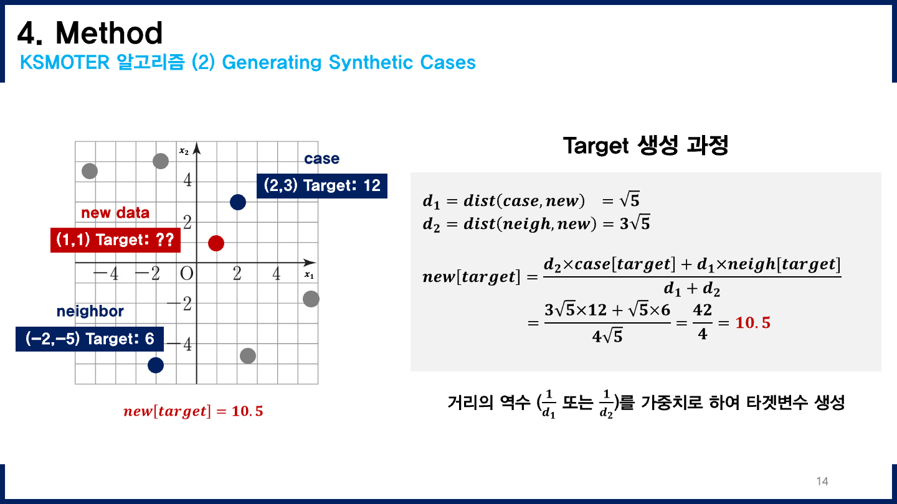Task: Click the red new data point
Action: (x=216, y=243)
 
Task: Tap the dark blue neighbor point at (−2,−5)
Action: (x=156, y=365)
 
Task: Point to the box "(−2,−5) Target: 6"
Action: (x=90, y=339)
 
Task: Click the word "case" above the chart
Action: (x=321, y=159)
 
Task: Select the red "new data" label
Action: (x=115, y=213)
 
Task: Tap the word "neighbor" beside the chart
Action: (x=90, y=311)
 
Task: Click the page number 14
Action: (x=822, y=481)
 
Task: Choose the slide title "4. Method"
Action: (x=90, y=32)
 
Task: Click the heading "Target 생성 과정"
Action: (x=645, y=146)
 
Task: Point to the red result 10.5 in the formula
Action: (x=752, y=323)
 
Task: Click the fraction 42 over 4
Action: (x=702, y=322)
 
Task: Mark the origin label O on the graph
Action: (x=186, y=274)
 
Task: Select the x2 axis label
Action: (x=184, y=151)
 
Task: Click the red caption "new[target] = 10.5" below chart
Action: (x=193, y=411)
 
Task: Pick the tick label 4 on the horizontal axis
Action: (x=277, y=274)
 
